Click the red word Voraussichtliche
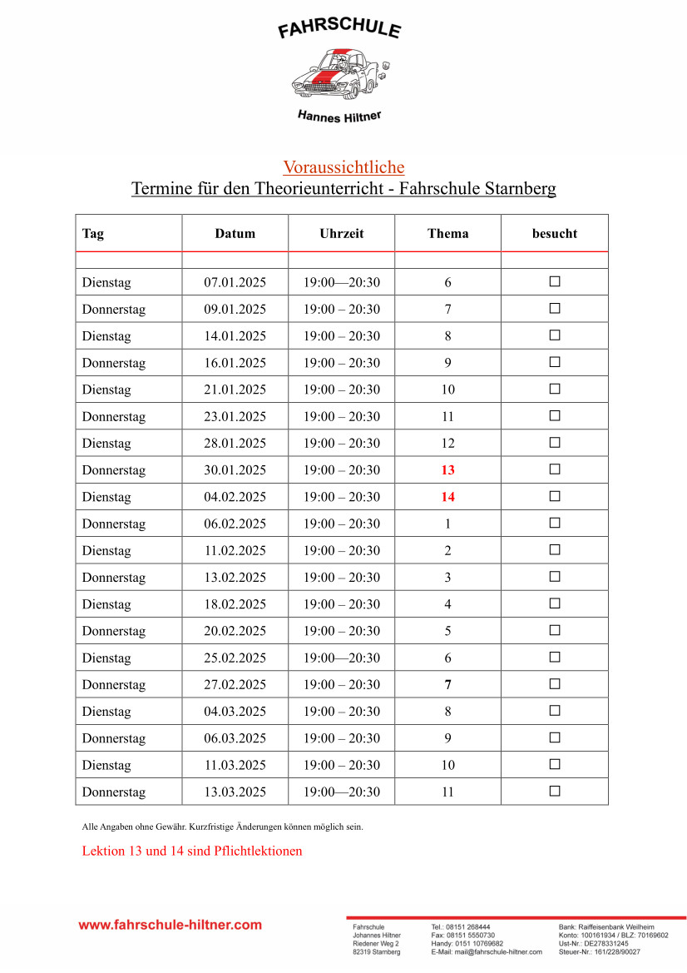coord(343,167)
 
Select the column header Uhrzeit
coord(342,234)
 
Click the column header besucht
coord(555,234)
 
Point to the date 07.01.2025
coord(235,283)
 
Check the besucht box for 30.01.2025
coord(555,469)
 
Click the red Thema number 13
coord(448,470)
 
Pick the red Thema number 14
coord(448,497)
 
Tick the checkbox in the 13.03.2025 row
coord(555,791)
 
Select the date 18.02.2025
coord(235,604)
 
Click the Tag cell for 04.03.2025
coord(106,712)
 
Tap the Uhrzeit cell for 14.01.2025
coord(342,336)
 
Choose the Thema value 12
coord(448,444)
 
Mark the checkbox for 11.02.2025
coord(555,550)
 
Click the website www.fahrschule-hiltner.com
coord(171,925)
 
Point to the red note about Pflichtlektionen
coord(192,851)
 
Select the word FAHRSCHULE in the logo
coord(339,30)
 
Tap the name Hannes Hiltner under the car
coord(339,117)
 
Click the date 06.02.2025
coord(235,524)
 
